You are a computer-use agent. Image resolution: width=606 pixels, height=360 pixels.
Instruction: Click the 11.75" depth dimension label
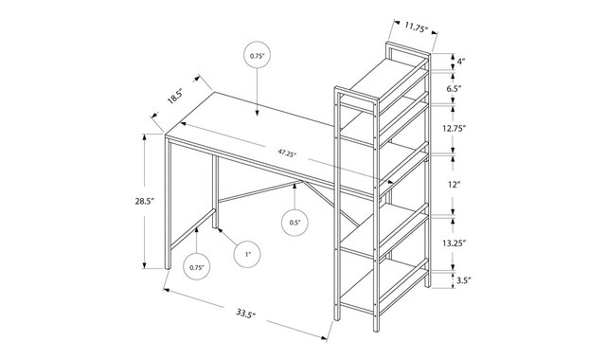pyautogui.click(x=416, y=27)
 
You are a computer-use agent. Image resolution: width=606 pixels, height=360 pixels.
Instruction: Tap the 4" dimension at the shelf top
pyautogui.click(x=461, y=62)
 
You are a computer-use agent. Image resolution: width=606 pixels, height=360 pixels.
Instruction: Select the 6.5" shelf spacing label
pyautogui.click(x=454, y=88)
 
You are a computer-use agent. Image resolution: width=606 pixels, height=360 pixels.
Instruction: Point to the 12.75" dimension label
pyautogui.click(x=454, y=129)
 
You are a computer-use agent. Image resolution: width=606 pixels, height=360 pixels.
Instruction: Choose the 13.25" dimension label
pyautogui.click(x=454, y=243)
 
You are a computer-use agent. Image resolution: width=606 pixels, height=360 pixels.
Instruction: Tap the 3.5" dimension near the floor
pyautogui.click(x=464, y=280)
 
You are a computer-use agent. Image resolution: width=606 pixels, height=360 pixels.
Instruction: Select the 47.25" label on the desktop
pyautogui.click(x=287, y=153)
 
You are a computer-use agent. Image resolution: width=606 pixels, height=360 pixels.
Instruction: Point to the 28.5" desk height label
pyautogui.click(x=145, y=201)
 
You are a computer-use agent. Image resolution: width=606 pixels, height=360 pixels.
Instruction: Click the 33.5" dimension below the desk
pyautogui.click(x=246, y=313)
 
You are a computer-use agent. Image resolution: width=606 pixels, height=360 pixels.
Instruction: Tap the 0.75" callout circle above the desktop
pyautogui.click(x=257, y=55)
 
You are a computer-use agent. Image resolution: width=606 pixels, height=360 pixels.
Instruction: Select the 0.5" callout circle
pyautogui.click(x=294, y=223)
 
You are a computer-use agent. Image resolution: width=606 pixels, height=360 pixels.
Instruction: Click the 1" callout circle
pyautogui.click(x=247, y=254)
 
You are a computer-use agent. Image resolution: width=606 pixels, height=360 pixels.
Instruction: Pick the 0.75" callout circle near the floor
pyautogui.click(x=197, y=267)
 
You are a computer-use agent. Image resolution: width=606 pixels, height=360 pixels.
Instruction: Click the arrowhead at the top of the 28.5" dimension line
pyautogui.click(x=145, y=136)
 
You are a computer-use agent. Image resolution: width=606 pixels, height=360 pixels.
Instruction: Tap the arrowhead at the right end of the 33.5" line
pyautogui.click(x=325, y=338)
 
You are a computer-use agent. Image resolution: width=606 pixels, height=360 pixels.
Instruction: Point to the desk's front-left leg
pyautogui.click(x=168, y=203)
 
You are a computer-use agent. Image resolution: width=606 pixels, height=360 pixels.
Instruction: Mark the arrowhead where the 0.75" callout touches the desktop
pyautogui.click(x=257, y=113)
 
